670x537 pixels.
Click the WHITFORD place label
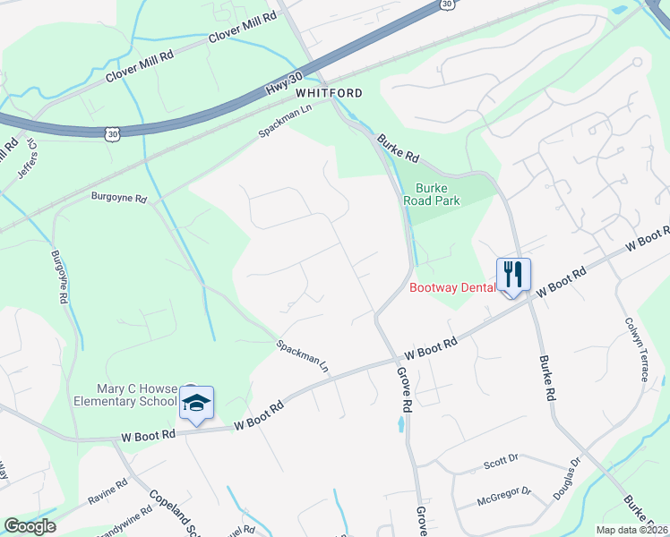click(x=329, y=93)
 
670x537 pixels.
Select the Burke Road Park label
click(x=438, y=194)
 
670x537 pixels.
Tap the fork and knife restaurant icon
click(x=513, y=274)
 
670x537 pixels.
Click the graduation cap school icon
click(x=195, y=402)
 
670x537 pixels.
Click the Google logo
click(x=30, y=525)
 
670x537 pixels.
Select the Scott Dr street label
click(x=501, y=463)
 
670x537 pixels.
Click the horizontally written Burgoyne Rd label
click(x=118, y=196)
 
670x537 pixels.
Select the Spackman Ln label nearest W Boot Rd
click(x=303, y=354)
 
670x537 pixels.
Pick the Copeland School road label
click(x=171, y=512)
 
